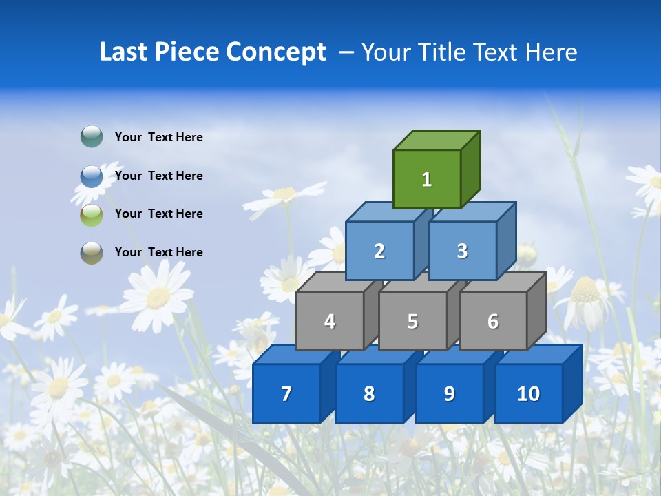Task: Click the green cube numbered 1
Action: [427, 179]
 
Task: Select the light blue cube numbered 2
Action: [379, 251]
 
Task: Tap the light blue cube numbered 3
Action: [462, 251]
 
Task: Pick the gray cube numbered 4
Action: [330, 321]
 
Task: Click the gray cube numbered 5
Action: [412, 321]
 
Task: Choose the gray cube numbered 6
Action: [493, 321]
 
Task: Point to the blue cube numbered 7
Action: [286, 393]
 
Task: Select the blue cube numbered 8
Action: [369, 393]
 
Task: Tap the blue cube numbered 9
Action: [449, 393]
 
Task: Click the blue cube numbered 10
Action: [528, 393]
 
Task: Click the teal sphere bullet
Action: [92, 137]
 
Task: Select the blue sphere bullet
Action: [92, 176]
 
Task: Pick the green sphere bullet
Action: [92, 214]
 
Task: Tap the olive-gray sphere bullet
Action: [92, 252]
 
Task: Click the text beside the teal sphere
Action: [159, 137]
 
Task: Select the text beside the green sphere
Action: [159, 214]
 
